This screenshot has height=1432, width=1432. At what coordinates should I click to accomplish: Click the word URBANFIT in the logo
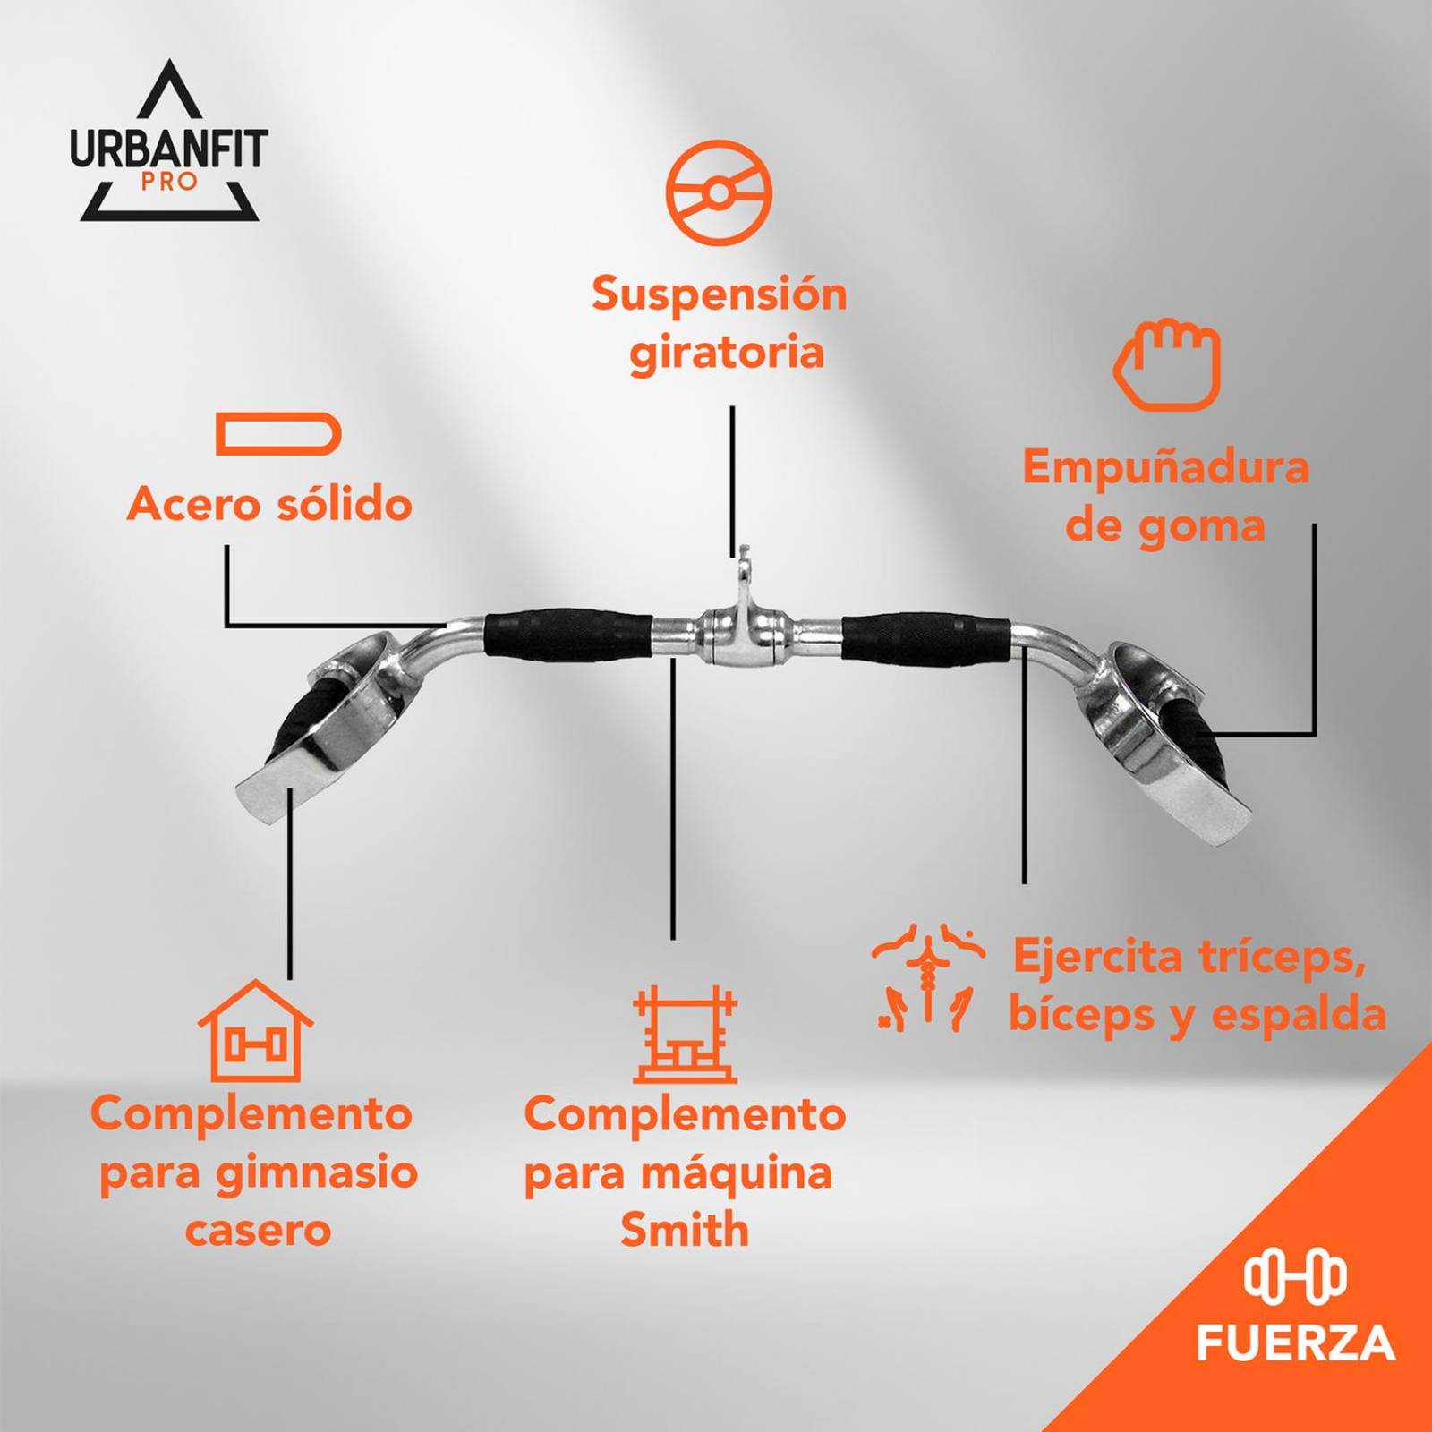(x=169, y=149)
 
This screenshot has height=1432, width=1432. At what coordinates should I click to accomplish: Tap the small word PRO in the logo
(x=169, y=182)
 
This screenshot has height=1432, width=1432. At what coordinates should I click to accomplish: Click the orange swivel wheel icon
(x=719, y=192)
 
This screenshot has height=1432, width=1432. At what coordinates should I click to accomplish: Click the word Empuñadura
(x=1166, y=467)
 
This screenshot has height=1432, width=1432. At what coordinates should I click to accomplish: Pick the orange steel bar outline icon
(x=278, y=434)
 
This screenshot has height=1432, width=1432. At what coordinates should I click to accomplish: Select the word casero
(x=259, y=1231)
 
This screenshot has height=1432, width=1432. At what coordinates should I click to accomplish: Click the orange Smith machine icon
(x=685, y=1035)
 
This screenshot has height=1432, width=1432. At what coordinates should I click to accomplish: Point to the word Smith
(x=685, y=1229)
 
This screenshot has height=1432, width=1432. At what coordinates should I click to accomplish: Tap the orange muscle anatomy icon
(x=928, y=978)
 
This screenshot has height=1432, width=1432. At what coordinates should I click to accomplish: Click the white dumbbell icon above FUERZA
(x=1295, y=1276)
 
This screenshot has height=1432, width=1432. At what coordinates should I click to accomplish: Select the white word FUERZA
(x=1296, y=1343)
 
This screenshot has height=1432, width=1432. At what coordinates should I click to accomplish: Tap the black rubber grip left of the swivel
(x=569, y=635)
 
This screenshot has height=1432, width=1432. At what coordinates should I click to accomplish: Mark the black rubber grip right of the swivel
(x=925, y=637)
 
